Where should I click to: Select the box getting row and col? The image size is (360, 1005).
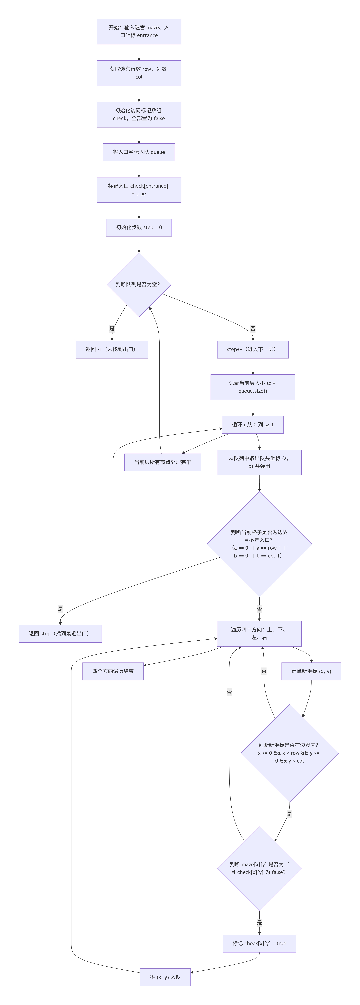tap(139, 73)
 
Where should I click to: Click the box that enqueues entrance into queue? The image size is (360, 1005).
tap(139, 152)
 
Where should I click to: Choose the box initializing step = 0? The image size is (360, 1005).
tap(139, 227)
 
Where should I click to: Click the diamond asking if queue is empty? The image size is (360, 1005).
tap(139, 284)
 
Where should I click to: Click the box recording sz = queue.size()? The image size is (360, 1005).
tap(253, 387)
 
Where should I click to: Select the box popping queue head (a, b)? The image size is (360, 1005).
tap(259, 462)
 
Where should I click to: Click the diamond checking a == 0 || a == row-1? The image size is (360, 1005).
tap(259, 544)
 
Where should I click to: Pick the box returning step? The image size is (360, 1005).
tap(60, 634)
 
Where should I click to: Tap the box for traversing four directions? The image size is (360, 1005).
tap(259, 634)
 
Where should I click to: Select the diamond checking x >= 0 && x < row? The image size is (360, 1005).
tap(289, 753)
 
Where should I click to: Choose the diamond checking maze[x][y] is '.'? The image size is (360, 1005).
tap(259, 868)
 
